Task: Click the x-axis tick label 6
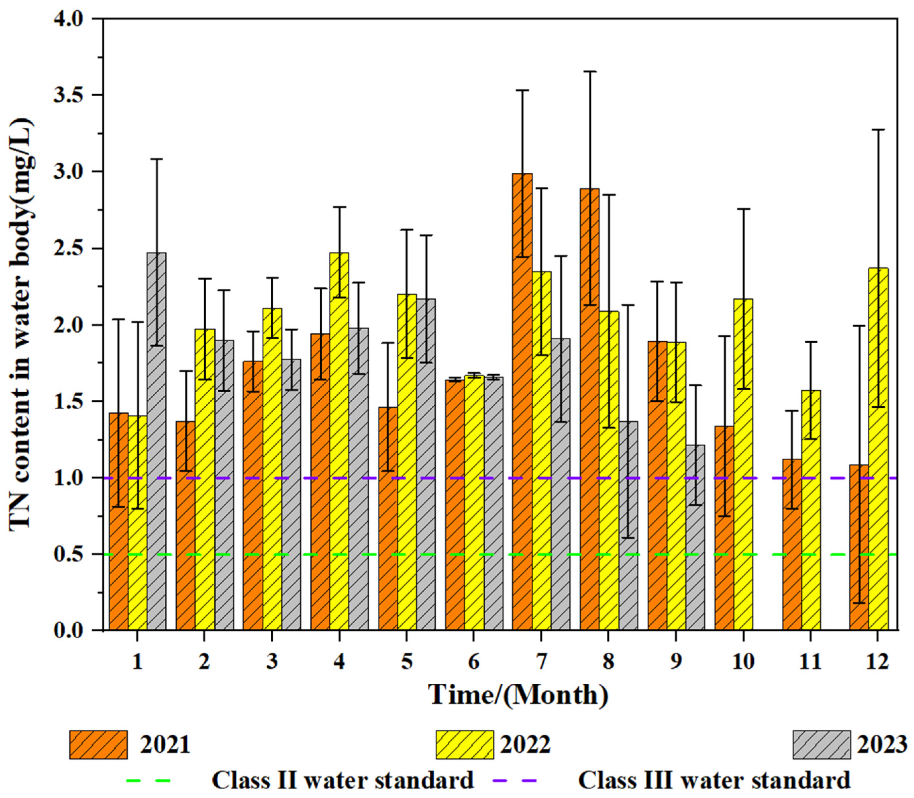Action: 474,662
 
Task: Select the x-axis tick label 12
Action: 877,662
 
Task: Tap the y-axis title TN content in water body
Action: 21,325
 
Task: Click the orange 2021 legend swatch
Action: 98,745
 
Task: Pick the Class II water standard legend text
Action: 342,781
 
